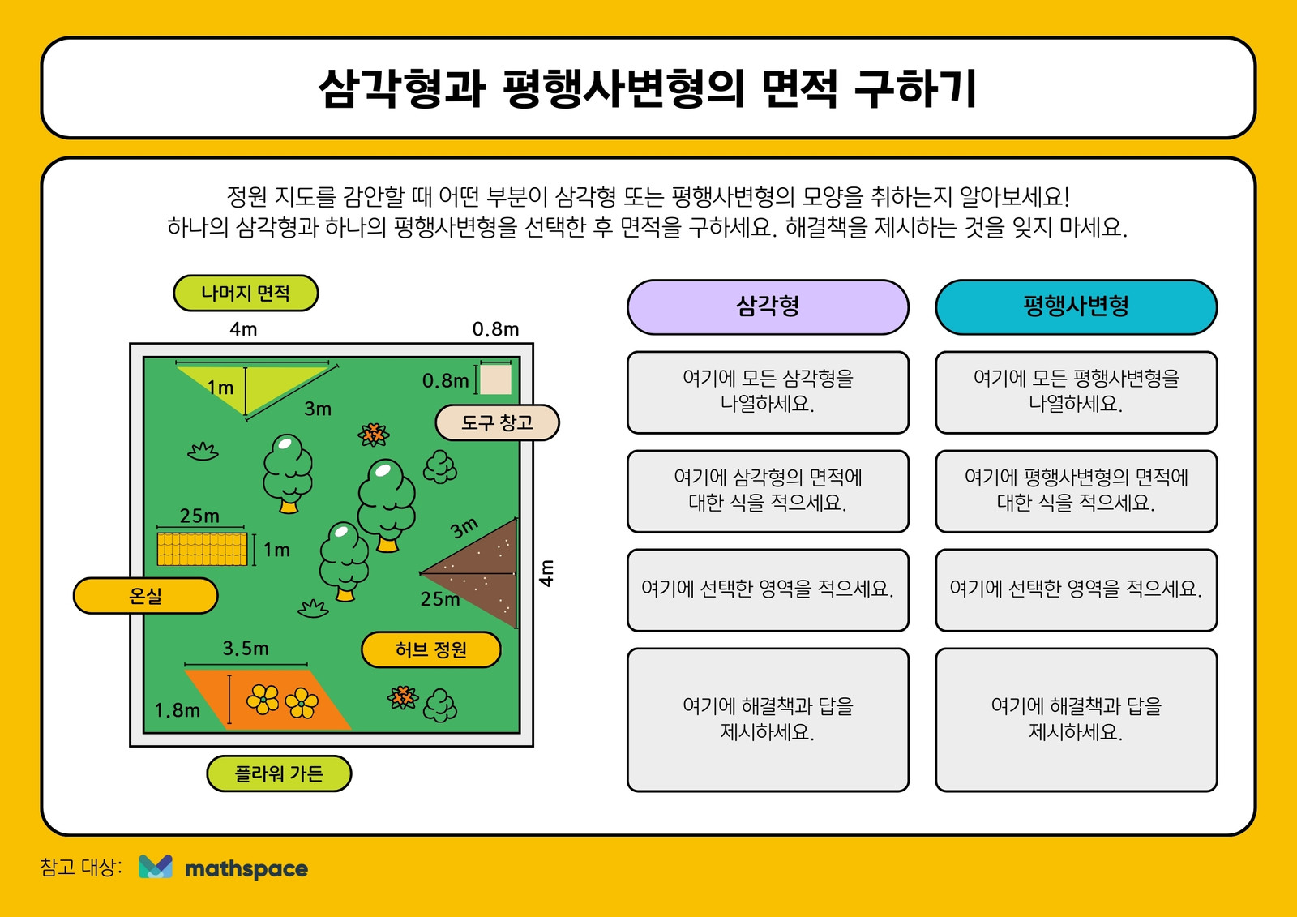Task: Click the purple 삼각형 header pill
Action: click(x=768, y=307)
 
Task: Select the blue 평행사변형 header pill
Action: click(x=1076, y=307)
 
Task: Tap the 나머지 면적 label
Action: click(x=246, y=294)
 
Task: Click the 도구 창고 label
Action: click(x=497, y=422)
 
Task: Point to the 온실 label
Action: click(x=145, y=595)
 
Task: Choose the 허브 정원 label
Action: click(x=430, y=649)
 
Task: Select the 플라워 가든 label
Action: click(x=279, y=773)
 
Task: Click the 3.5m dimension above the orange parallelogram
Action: click(x=246, y=648)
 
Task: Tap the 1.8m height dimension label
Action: click(x=178, y=710)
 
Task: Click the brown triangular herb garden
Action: click(x=483, y=573)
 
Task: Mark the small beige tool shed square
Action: click(x=495, y=379)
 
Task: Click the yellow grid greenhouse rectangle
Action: click(x=202, y=549)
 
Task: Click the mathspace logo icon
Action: click(x=155, y=868)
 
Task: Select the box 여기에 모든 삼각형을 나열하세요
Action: click(x=768, y=392)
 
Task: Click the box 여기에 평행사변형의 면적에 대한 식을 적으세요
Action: click(x=1076, y=491)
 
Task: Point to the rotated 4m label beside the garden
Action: click(x=546, y=573)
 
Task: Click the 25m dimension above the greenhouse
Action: click(x=199, y=516)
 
